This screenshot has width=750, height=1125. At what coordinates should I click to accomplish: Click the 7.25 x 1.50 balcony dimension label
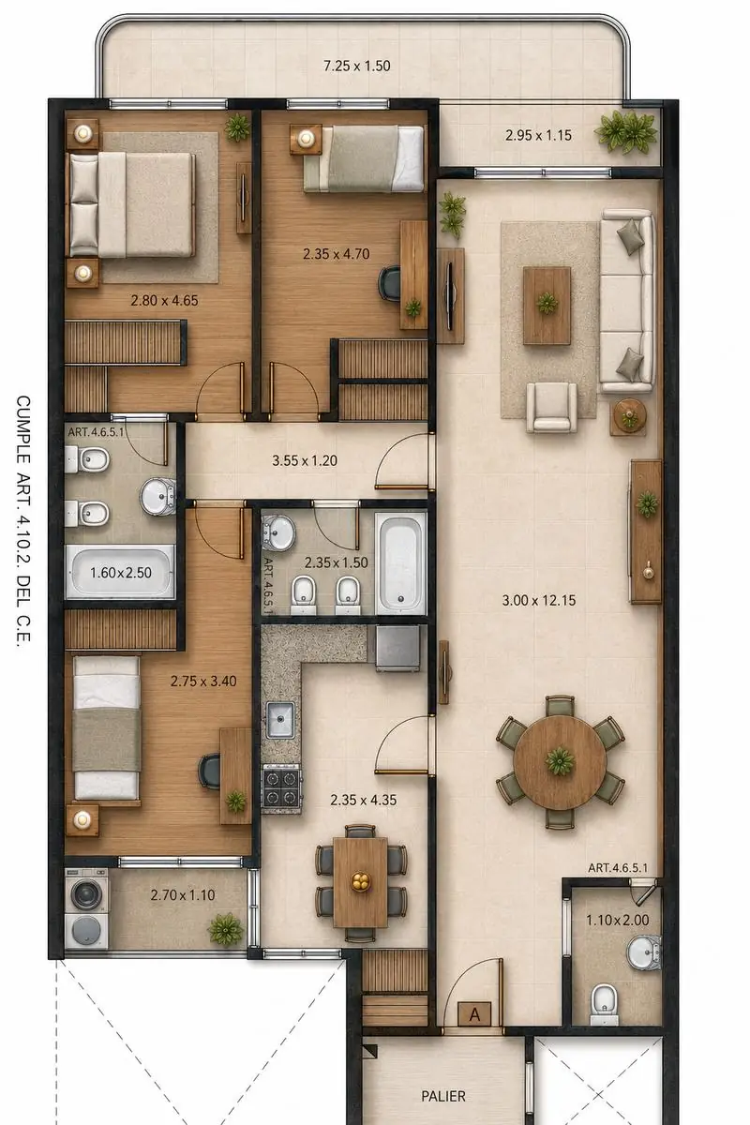coord(356,66)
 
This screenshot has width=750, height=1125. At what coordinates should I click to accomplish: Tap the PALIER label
coord(443,1096)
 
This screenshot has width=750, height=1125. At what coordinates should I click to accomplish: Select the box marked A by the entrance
coord(474,1014)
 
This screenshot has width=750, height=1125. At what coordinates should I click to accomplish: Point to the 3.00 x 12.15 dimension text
coord(539,600)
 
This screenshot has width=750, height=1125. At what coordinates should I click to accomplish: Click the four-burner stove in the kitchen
coord(281,788)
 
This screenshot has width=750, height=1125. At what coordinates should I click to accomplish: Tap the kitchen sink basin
coord(279,720)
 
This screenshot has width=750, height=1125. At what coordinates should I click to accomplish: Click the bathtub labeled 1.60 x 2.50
coord(121,572)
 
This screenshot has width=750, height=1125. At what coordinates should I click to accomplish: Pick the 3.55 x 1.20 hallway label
coord(305,460)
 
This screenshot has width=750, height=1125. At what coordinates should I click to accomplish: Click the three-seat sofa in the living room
coord(627,300)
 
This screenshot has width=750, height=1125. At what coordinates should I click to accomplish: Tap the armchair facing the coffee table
coord(551,407)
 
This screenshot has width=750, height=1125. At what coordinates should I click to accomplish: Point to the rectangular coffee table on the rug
coord(547,306)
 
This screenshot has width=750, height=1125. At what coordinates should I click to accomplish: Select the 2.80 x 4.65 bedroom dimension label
coord(164,300)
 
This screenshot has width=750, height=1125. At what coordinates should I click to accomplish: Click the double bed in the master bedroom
coord(130,204)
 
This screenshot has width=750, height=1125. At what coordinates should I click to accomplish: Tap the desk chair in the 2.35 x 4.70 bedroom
coord(389,284)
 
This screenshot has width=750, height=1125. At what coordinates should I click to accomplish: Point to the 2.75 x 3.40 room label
coord(202,681)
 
